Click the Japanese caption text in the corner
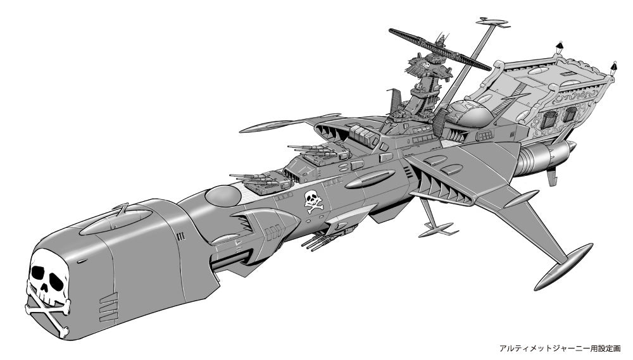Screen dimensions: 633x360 tap(560, 349)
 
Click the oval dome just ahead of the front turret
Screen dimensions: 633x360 tap(223, 196)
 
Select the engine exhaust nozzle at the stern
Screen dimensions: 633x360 tap(545, 158)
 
